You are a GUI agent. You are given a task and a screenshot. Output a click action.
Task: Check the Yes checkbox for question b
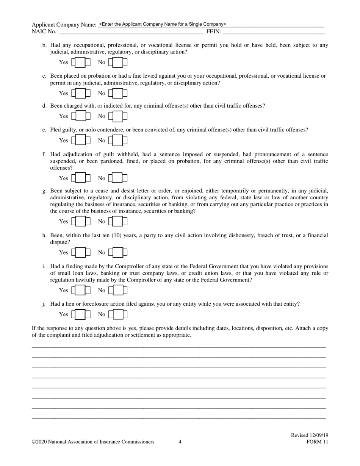point(80,62)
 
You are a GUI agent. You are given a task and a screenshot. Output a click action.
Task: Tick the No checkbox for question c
point(117,93)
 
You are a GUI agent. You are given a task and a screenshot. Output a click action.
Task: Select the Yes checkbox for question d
point(80,116)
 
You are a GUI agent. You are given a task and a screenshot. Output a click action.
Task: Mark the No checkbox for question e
point(117,141)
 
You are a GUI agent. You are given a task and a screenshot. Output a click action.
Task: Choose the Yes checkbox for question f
point(80,178)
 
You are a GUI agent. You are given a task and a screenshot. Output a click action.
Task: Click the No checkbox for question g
point(117,221)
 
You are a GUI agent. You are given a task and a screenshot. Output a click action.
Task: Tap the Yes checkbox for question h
point(80,252)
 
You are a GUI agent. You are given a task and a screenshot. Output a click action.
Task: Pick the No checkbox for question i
point(117,290)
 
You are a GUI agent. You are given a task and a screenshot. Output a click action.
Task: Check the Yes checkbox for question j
point(80,314)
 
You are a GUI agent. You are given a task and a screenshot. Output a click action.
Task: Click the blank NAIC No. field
point(131,32)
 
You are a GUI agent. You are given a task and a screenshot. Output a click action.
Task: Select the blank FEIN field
point(273,32)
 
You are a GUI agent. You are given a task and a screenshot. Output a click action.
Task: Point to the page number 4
point(180,442)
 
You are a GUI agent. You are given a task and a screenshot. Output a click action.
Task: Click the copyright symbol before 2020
point(34,442)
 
